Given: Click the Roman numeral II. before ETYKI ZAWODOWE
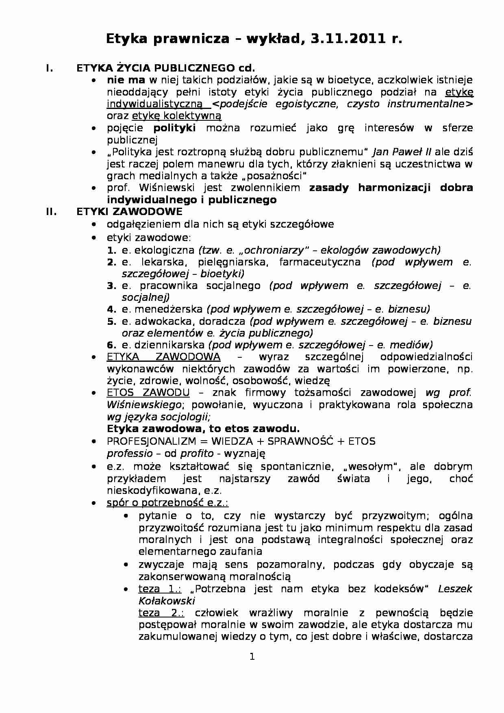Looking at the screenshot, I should pyautogui.click(x=51, y=212).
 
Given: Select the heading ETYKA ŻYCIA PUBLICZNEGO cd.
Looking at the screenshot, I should pyautogui.click(x=165, y=68).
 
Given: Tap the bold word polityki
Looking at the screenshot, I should pyautogui.click(x=174, y=128).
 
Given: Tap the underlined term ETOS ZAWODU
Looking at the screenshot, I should pyautogui.click(x=148, y=393).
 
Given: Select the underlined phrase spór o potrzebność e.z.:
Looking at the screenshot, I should pyautogui.click(x=167, y=503).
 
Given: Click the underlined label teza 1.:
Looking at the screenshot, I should pyautogui.click(x=161, y=589).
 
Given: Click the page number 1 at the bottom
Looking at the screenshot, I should pyautogui.click(x=252, y=656).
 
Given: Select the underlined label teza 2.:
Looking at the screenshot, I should pyautogui.click(x=161, y=613).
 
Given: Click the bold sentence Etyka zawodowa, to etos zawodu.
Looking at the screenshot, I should pyautogui.click(x=203, y=429).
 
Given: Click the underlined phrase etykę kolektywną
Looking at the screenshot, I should pyautogui.click(x=176, y=116).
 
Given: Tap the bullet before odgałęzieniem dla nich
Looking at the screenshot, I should pyautogui.click(x=94, y=225).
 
